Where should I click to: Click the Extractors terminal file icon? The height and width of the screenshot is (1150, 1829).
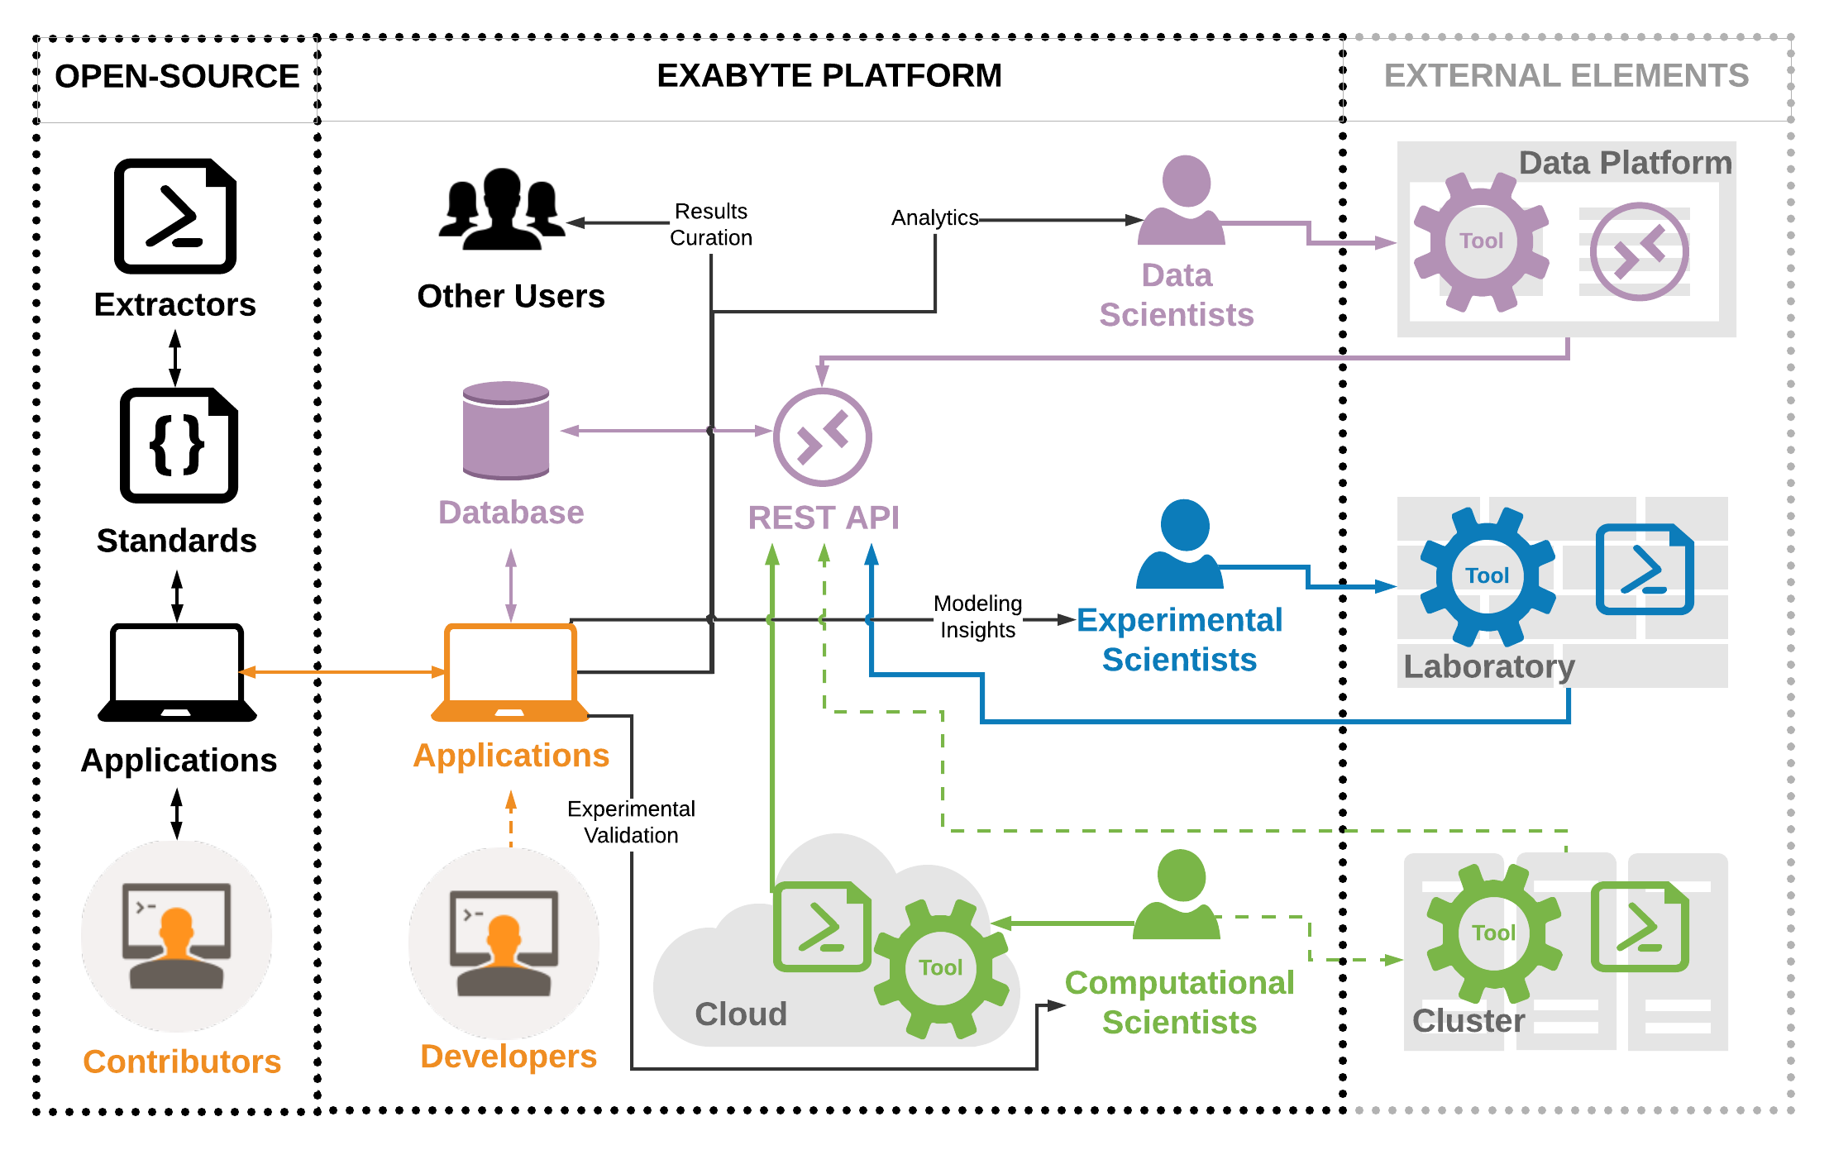175,216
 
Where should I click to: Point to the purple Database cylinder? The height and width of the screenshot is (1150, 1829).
506,431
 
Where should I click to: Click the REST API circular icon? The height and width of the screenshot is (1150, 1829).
822,437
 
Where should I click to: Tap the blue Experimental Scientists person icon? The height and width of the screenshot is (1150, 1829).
1182,545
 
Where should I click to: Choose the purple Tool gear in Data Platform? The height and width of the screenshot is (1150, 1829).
1481,241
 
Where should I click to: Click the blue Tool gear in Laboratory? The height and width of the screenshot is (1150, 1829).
1487,576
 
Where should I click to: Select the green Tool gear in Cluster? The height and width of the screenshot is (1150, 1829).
1493,933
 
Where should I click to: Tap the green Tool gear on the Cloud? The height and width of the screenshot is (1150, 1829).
941,968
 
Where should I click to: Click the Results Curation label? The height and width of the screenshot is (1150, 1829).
711,225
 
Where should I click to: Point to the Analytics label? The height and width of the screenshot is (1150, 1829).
934,217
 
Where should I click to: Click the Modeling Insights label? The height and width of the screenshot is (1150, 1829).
977,617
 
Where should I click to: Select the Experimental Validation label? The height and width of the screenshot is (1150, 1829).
631,822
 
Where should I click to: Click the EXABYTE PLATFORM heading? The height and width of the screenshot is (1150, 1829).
829,76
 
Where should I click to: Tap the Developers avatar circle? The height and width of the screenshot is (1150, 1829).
504,942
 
